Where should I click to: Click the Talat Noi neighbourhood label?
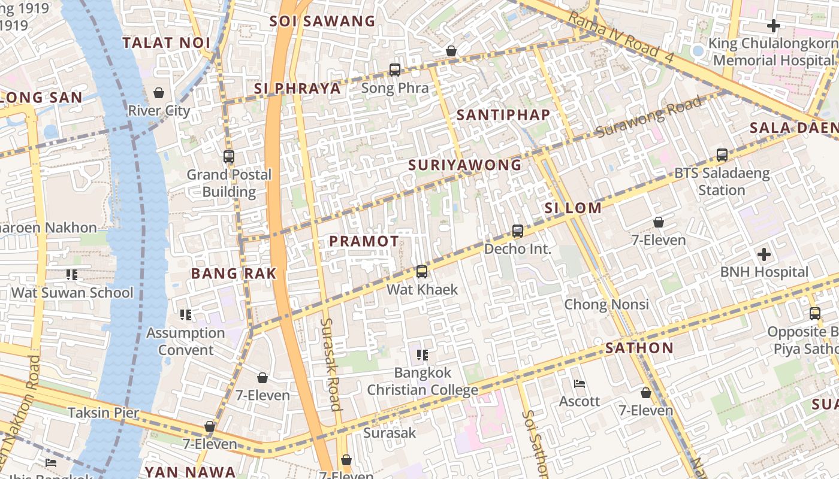pos(166,43)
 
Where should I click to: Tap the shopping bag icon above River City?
pos(159,93)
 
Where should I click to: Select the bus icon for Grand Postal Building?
pos(228,157)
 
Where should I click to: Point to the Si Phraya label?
pos(297,89)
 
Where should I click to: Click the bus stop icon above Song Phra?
pos(395,70)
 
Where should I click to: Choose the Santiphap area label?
pos(503,115)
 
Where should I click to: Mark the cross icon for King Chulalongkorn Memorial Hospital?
pos(774,26)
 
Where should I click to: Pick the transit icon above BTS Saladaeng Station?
pos(722,155)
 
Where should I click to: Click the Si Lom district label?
pos(573,208)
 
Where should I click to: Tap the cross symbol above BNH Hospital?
pos(764,254)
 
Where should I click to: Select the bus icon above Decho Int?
pos(518,231)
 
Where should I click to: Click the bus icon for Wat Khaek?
pos(422,272)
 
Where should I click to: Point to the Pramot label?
pos(364,241)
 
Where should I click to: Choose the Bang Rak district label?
pos(234,274)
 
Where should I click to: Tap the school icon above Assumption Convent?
pos(186,314)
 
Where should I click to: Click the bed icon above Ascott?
pos(580,384)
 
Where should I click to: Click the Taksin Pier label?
pos(103,413)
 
